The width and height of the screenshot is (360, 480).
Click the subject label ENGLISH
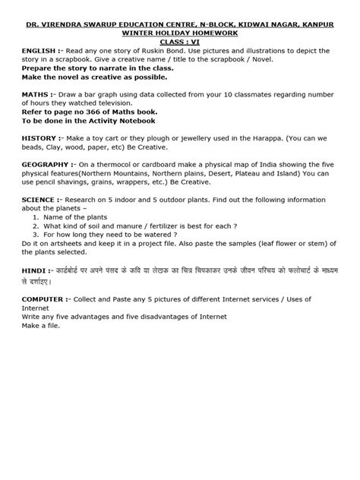36,48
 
